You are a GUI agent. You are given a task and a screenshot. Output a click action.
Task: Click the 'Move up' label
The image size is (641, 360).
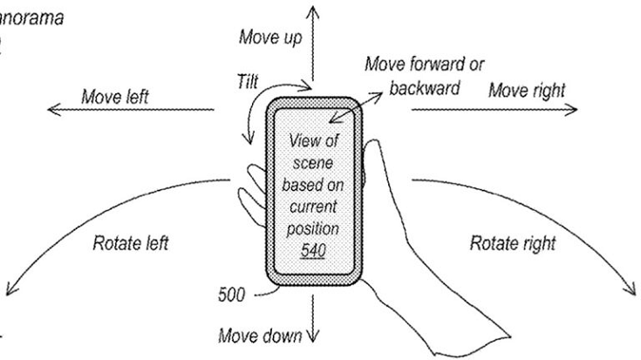(x=271, y=39)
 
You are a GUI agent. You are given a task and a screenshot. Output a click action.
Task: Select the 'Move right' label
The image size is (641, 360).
(x=526, y=89)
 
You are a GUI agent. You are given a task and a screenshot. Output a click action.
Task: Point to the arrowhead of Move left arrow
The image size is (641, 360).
(x=51, y=109)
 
